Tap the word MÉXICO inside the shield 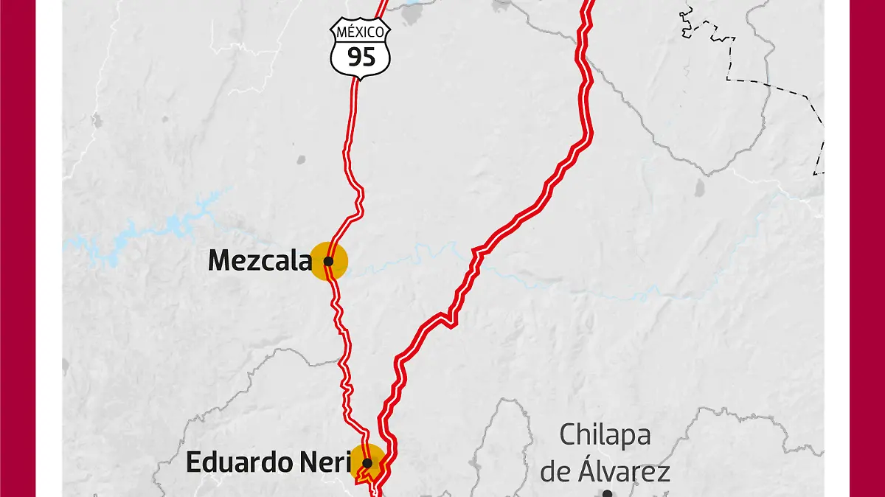click(x=361, y=32)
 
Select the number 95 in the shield click(x=361, y=57)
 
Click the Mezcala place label click(x=259, y=260)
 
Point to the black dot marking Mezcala click(x=328, y=261)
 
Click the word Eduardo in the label click(x=229, y=462)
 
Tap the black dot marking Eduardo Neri click(x=367, y=463)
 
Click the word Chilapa click(x=605, y=435)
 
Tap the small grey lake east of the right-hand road click(x=698, y=187)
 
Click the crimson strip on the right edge click(x=867, y=248)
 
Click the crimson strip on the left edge click(x=18, y=248)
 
